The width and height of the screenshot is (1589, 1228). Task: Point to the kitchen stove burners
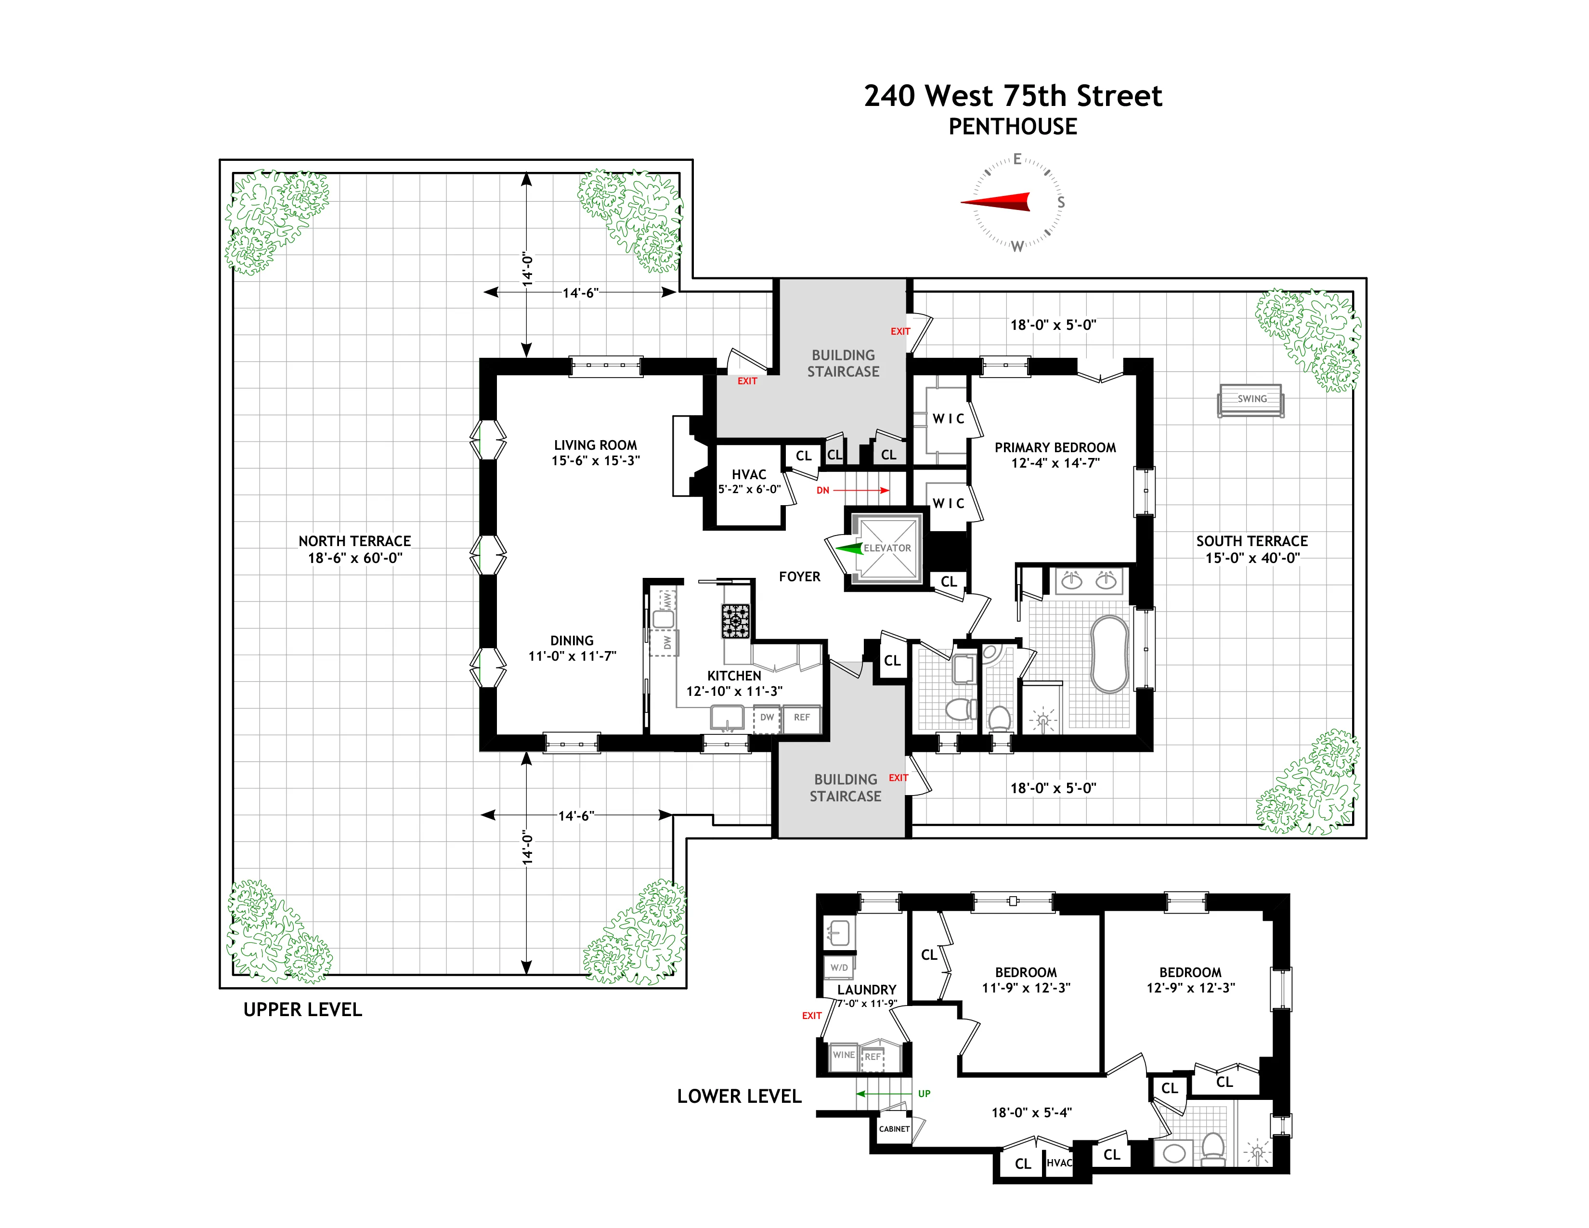pyautogui.click(x=735, y=621)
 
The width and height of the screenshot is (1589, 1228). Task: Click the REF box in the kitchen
pyautogui.click(x=801, y=718)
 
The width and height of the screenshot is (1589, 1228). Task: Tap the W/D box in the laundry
pyautogui.click(x=839, y=967)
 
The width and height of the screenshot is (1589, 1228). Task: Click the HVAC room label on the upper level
pyautogui.click(x=749, y=474)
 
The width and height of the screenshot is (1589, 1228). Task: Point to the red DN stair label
pyautogui.click(x=823, y=490)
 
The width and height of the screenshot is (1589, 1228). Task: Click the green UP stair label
pyautogui.click(x=924, y=1094)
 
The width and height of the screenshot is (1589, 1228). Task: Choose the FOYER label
pyautogui.click(x=800, y=577)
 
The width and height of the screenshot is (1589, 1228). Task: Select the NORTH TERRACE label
pyautogui.click(x=354, y=541)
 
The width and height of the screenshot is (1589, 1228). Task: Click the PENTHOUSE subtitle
pyautogui.click(x=1013, y=127)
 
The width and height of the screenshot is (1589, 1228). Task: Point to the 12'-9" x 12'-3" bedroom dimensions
pyautogui.click(x=1190, y=988)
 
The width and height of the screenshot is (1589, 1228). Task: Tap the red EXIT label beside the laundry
pyautogui.click(x=812, y=1016)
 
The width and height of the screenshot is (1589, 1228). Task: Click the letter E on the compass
pyautogui.click(x=1017, y=159)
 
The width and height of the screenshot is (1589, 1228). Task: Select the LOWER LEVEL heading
pyautogui.click(x=739, y=1097)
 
